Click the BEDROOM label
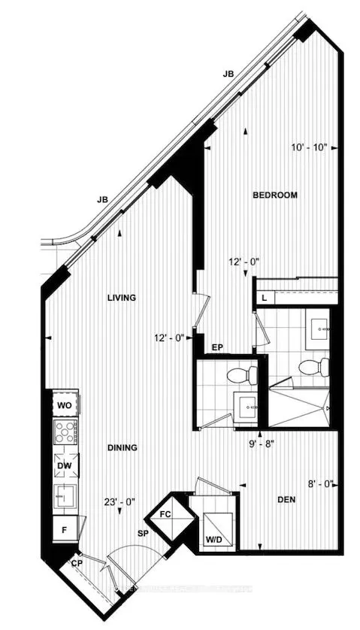tap(274, 195)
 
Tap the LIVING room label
tap(121, 298)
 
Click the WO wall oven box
tap(64, 405)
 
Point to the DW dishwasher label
tap(64, 466)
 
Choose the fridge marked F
tap(64, 529)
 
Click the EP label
tap(219, 347)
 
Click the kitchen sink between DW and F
tap(64, 495)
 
